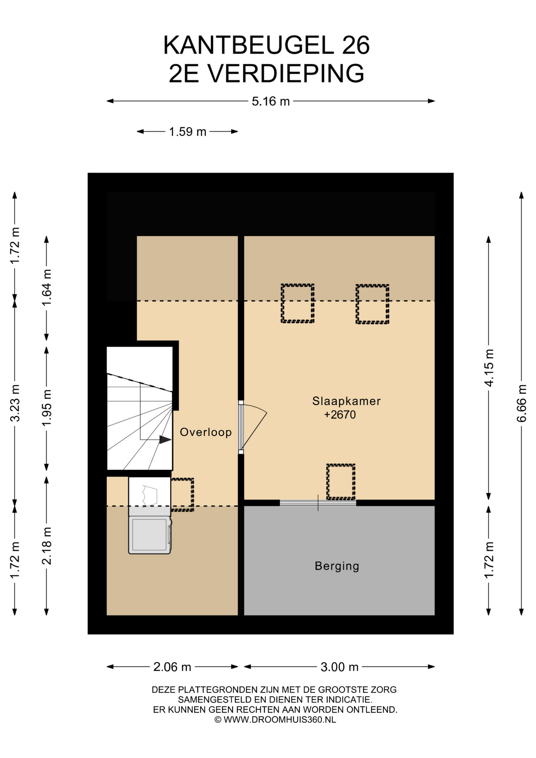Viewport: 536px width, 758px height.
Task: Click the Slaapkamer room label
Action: tap(346, 401)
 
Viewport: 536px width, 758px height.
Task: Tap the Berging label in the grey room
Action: tap(337, 566)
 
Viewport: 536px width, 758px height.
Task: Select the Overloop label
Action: tap(206, 432)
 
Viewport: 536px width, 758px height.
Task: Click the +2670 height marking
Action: tap(340, 415)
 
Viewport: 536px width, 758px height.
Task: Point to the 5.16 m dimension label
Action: tap(271, 101)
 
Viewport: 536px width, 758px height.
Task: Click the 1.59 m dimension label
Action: tap(187, 131)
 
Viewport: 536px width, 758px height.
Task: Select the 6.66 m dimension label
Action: tap(521, 403)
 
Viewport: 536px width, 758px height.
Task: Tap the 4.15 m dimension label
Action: tap(489, 368)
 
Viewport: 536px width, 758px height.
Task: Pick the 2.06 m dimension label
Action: tap(172, 667)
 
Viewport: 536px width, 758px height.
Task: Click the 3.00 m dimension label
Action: tap(339, 667)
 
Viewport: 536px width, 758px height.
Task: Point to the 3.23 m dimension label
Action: tap(15, 403)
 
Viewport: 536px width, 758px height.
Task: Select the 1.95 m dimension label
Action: tap(47, 408)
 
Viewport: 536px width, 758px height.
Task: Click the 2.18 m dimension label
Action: tap(47, 546)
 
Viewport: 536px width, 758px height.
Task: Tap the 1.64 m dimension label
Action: tap(47, 287)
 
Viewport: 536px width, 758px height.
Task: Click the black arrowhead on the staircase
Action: tap(165, 439)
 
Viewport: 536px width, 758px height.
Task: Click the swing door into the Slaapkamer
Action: tap(253, 427)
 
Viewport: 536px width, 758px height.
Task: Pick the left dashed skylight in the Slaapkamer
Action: tap(298, 303)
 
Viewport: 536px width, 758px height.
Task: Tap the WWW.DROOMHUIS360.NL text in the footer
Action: tap(279, 719)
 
